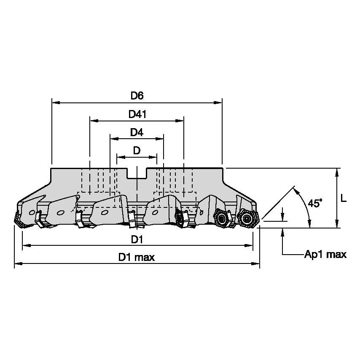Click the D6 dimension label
pyautogui.click(x=137, y=96)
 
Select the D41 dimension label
pyautogui.click(x=137, y=114)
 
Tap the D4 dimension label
pyautogui.click(x=137, y=132)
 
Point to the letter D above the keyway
pyautogui.click(x=137, y=150)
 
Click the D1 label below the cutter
pyautogui.click(x=137, y=239)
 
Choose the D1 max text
pyautogui.click(x=137, y=258)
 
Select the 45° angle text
pyautogui.click(x=314, y=203)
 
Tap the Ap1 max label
pyautogui.click(x=325, y=254)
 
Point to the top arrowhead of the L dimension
pyautogui.click(x=337, y=171)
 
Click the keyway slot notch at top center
pyautogui.click(x=137, y=173)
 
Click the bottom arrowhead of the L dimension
pyautogui.click(x=337, y=225)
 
